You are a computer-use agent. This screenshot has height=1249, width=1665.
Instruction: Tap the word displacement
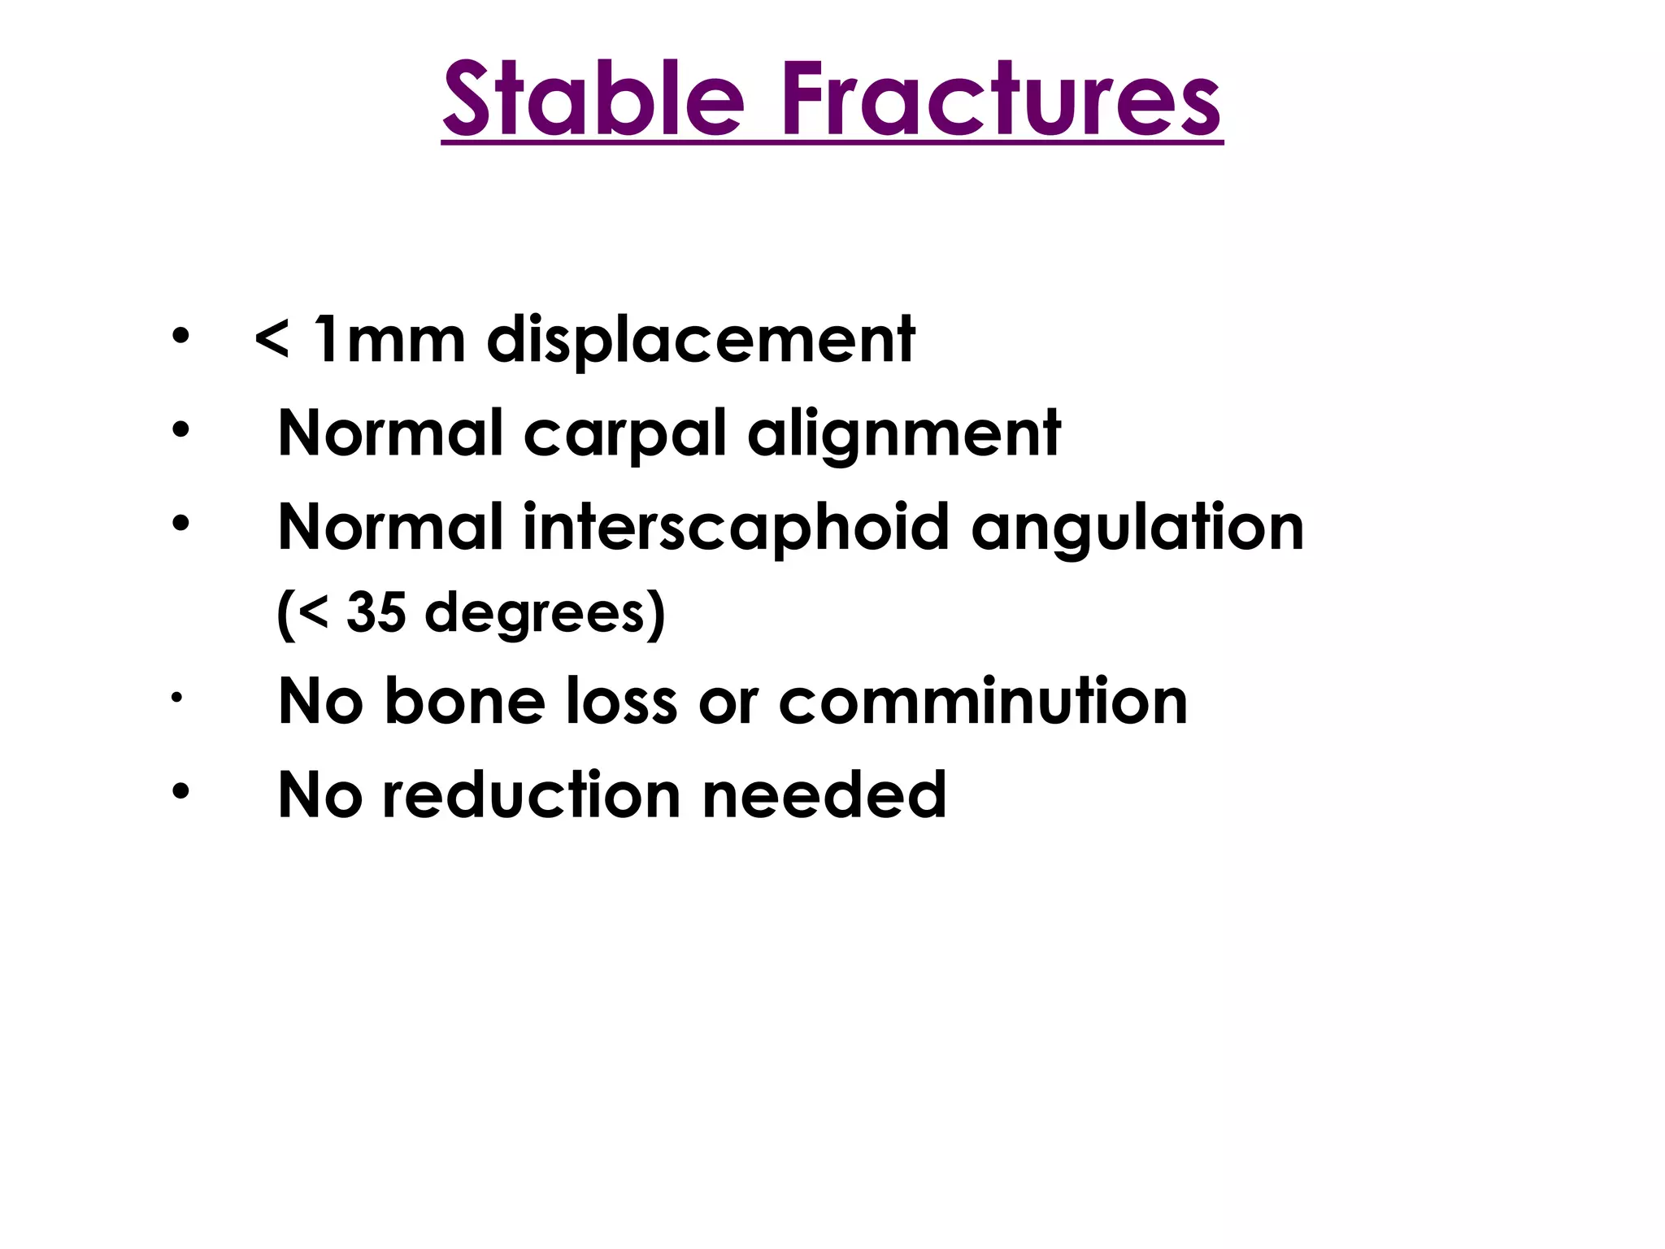[x=701, y=339]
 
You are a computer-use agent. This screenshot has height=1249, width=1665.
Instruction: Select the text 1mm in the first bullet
[x=389, y=339]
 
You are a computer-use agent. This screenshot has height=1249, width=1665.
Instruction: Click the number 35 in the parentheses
[x=376, y=611]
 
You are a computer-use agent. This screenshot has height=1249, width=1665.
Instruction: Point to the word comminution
[x=983, y=701]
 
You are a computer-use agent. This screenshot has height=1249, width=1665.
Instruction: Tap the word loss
[x=621, y=701]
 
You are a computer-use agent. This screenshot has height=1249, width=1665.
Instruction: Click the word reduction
[x=532, y=795]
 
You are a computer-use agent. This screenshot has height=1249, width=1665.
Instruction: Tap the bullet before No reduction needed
[x=180, y=790]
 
